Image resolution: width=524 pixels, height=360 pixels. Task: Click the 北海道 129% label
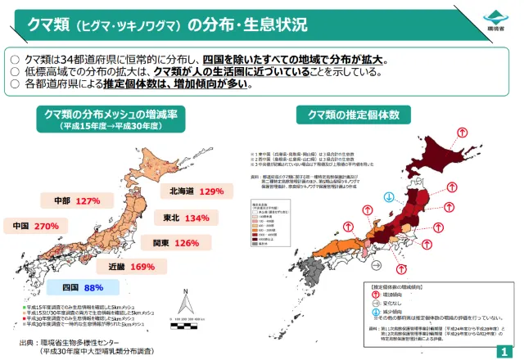[196, 191]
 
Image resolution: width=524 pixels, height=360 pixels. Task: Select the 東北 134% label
[181, 218]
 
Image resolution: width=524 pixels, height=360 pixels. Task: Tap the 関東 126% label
[174, 243]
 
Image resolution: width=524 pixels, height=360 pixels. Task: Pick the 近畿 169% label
[130, 267]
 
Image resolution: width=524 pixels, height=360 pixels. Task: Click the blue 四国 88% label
[82, 288]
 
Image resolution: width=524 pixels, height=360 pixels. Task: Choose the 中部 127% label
[75, 200]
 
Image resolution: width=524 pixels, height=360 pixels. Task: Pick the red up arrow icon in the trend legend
[378, 291]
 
